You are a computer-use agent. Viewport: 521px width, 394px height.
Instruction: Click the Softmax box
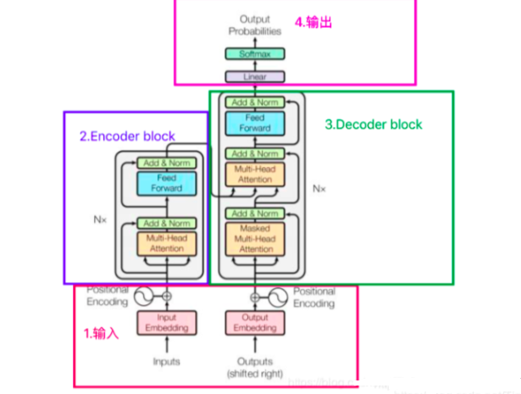(255, 54)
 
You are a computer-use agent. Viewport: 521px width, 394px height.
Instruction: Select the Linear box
(255, 76)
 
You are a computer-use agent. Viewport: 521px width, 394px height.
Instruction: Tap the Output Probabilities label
(255, 25)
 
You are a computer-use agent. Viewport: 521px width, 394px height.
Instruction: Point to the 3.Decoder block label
(374, 125)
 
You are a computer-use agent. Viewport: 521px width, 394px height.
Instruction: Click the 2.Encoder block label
(127, 136)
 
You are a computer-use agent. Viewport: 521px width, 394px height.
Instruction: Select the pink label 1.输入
(101, 334)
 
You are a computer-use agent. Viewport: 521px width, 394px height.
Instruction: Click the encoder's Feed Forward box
(166, 184)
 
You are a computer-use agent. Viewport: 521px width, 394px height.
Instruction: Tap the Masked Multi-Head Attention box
(255, 239)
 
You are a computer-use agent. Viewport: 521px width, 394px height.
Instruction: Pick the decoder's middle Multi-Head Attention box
(255, 175)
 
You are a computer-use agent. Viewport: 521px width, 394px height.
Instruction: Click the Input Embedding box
(166, 323)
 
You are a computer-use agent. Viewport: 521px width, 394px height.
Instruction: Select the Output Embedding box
(255, 323)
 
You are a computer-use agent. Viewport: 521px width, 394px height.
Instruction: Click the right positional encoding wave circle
(277, 297)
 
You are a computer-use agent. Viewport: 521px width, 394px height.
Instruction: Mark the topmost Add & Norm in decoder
(255, 103)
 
